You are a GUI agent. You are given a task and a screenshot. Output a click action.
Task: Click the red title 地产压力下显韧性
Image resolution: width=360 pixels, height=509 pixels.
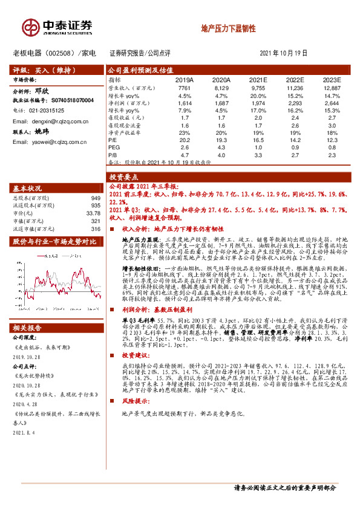coord(228,28)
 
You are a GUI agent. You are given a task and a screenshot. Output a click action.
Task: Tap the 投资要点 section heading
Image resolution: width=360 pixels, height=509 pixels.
coord(123,177)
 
